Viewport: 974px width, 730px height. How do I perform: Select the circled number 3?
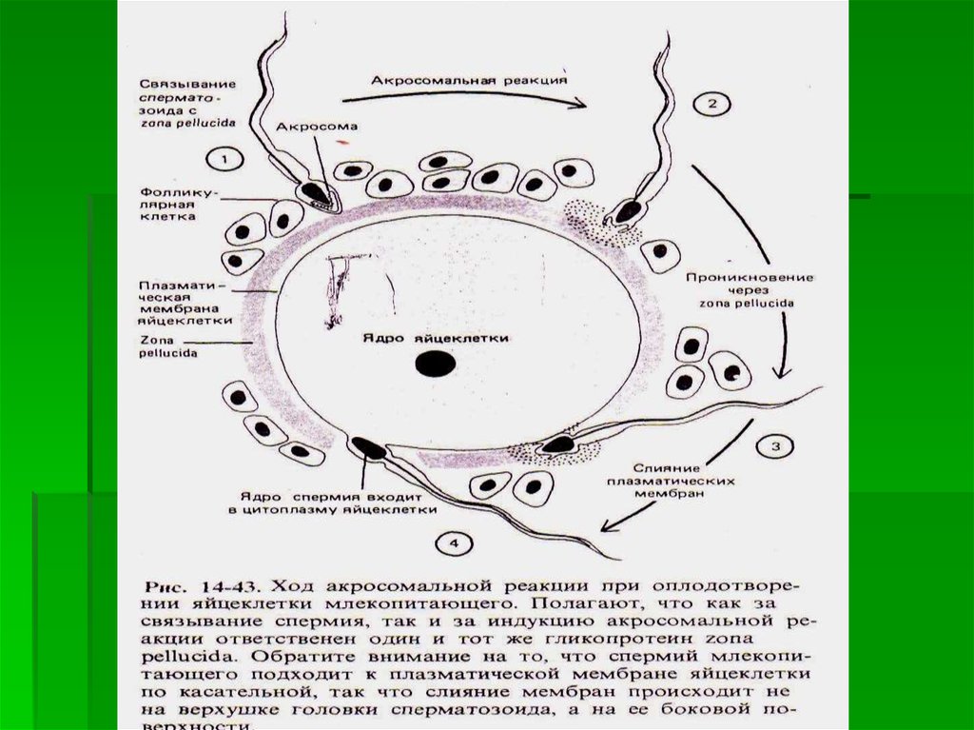[775, 445]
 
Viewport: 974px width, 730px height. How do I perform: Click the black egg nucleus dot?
[438, 363]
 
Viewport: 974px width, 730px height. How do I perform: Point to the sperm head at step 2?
[625, 211]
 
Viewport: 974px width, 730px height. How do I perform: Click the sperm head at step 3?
[559, 443]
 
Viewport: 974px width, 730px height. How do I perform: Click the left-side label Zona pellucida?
[167, 345]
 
